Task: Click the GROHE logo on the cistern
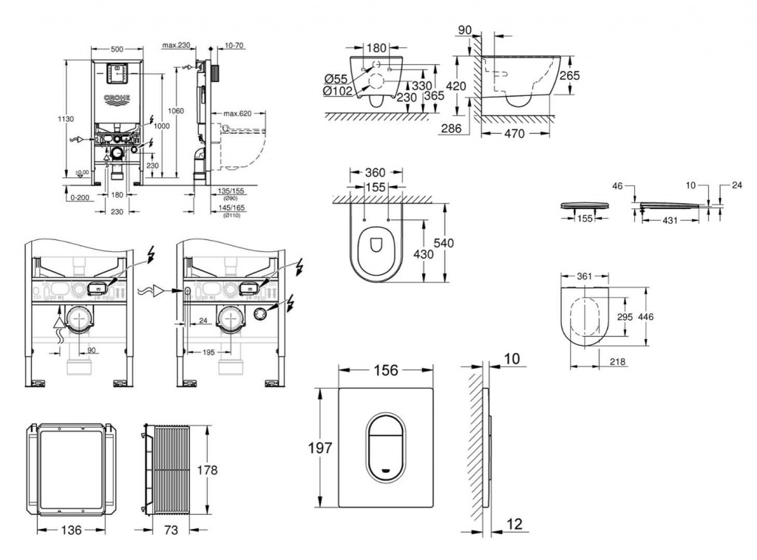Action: pos(117,98)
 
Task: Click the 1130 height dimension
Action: pos(65,117)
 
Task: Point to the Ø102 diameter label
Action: pos(337,91)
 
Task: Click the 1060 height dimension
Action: pos(175,110)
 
